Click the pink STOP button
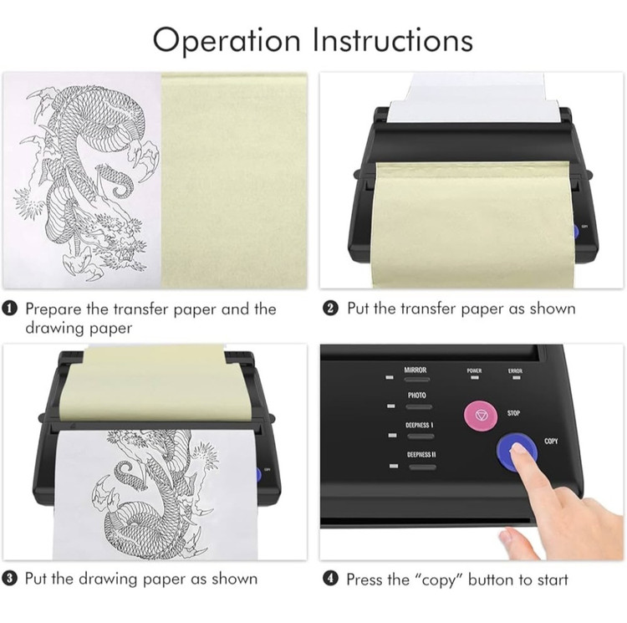[480, 416]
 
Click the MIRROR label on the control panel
[415, 370]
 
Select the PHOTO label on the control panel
[416, 396]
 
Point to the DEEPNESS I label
[419, 425]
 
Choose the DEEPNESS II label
[421, 455]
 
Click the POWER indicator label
[474, 370]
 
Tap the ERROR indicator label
[515, 370]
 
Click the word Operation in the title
[227, 41]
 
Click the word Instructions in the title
[393, 39]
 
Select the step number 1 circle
[9, 309]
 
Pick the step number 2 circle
[331, 309]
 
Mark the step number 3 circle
[9, 579]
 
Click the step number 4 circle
[331, 579]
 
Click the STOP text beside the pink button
[513, 413]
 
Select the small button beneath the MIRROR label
[417, 379]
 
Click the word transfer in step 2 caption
[428, 309]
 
